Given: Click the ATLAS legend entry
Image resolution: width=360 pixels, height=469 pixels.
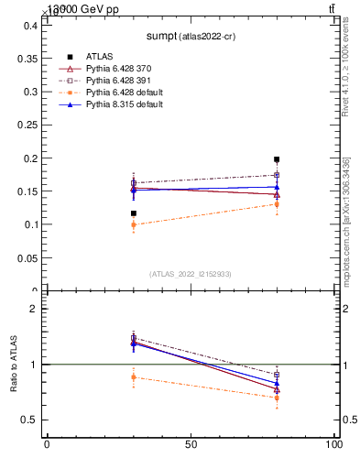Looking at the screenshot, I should (99, 56).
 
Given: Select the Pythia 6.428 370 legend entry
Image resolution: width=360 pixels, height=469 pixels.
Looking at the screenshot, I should (118, 69).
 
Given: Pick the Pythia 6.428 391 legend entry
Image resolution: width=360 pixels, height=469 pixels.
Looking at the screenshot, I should (118, 81).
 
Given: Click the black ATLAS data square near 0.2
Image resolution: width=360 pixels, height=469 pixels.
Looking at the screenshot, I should (277, 159).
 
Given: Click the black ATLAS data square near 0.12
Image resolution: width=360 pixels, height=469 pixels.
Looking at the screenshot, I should (134, 213).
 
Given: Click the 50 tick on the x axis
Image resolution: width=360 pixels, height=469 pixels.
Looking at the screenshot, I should (191, 444).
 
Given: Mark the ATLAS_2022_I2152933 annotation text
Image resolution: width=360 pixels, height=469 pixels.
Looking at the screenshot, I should (189, 274).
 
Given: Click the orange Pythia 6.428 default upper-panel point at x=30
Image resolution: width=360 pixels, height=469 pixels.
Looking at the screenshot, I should (134, 224).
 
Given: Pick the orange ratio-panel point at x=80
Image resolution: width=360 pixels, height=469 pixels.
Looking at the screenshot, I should (277, 398).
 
